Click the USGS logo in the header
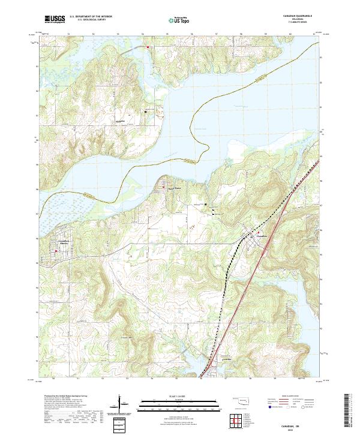[55, 19]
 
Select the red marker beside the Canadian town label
[251, 236]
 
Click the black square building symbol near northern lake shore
[144, 112]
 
